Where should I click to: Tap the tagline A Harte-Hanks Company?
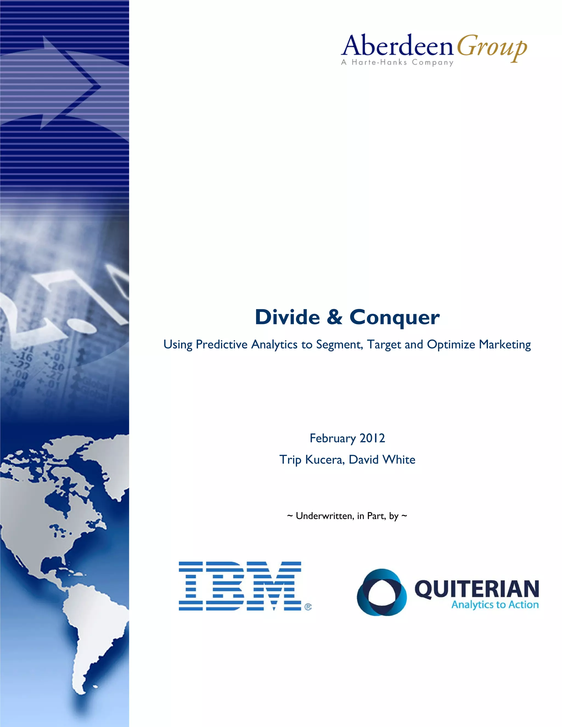tap(397, 62)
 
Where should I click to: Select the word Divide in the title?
tap(287, 317)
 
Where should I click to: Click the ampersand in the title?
tap(334, 317)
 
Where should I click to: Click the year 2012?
tap(372, 438)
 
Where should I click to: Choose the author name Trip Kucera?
tap(311, 460)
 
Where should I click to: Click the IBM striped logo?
tap(240, 586)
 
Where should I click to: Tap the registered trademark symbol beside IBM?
tap(308, 607)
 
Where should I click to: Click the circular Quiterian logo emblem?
tap(381, 592)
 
